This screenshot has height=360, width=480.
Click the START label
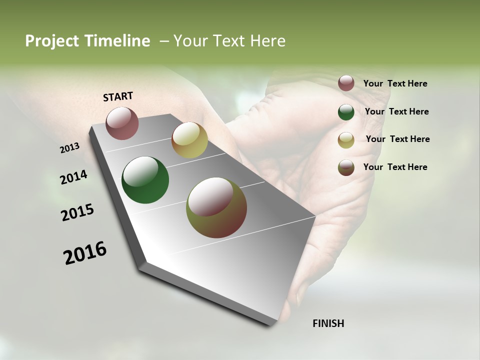pos(118,96)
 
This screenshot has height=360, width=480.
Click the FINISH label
pos(328,323)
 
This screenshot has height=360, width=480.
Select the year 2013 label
pos(70,147)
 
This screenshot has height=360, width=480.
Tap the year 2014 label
pos(74,177)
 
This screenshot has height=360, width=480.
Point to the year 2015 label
pos(77,212)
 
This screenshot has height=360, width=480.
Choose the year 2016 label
pos(85,252)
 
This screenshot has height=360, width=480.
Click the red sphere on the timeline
pos(122,123)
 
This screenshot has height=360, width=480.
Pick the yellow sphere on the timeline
pos(189,140)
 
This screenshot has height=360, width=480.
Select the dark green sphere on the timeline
pos(145,180)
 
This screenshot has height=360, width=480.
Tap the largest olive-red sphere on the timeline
pos(216,207)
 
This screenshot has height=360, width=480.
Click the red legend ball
pos(346,83)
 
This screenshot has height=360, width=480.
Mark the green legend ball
pos(346,112)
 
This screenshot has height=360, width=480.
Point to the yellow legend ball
pos(346,140)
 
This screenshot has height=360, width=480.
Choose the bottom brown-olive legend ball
pos(346,167)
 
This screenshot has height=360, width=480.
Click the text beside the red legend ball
pos(395,84)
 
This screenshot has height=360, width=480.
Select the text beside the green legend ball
pos(396,111)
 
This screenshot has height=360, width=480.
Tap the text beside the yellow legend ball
pos(397,139)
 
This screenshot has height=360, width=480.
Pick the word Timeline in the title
pos(118,41)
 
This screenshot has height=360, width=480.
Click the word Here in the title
pos(267,41)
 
